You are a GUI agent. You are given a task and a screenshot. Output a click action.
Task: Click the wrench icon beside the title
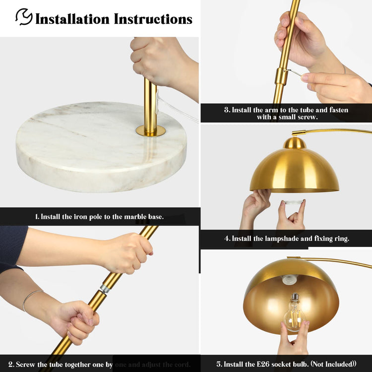tap(24, 17)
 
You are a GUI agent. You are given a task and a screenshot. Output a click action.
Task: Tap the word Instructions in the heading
tap(153, 19)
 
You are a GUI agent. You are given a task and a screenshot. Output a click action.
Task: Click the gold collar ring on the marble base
tap(151, 131)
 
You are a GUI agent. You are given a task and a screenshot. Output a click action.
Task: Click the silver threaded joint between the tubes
tap(105, 288)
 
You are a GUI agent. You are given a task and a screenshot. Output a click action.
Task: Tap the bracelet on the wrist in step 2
tap(31, 298)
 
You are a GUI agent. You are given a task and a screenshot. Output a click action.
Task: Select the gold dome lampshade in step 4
tap(294, 171)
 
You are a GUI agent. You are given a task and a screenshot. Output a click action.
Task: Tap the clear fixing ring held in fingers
tap(293, 202)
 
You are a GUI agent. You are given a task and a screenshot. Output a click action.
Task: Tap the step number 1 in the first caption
tap(36, 217)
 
